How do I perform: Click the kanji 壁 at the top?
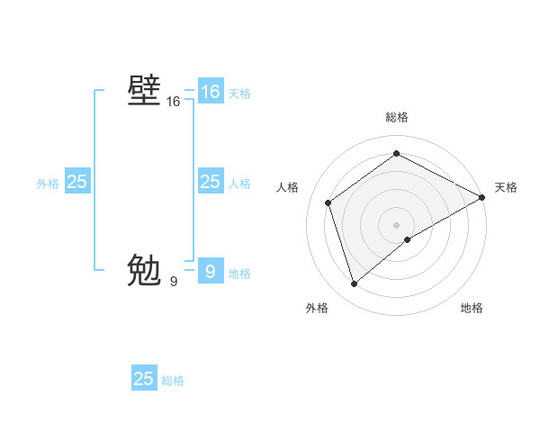click(x=144, y=92)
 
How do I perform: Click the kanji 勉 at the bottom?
click(x=144, y=270)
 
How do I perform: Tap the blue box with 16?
click(x=210, y=92)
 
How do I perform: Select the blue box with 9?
click(x=210, y=271)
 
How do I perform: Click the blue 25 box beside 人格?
click(x=210, y=182)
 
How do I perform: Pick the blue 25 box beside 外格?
click(x=76, y=182)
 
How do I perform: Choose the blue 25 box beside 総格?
click(x=144, y=379)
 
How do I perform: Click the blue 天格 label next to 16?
click(x=239, y=94)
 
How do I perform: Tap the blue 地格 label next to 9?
click(x=239, y=274)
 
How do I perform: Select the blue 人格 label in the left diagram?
click(x=239, y=184)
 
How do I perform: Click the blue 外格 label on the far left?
click(x=48, y=184)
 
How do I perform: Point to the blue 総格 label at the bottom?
click(x=173, y=381)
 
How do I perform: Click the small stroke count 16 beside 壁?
click(x=174, y=103)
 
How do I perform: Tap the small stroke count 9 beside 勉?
click(x=174, y=282)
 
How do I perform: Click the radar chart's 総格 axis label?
click(x=396, y=118)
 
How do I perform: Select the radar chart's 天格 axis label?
click(x=506, y=187)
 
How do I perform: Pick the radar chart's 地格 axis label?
click(x=472, y=308)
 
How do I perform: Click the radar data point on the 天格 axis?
click(x=483, y=197)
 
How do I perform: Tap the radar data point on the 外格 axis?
click(x=354, y=284)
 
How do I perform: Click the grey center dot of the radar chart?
click(x=396, y=224)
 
